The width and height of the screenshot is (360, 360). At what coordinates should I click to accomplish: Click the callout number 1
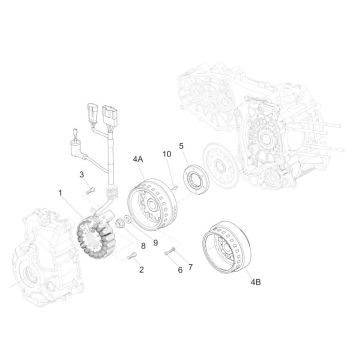click(60, 193)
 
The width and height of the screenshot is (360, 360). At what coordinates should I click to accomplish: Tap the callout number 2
click(141, 270)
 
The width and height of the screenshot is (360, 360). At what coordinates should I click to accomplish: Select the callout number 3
click(82, 175)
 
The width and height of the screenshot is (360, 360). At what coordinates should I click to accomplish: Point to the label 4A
click(138, 159)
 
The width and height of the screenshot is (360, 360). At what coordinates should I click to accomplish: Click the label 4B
click(256, 282)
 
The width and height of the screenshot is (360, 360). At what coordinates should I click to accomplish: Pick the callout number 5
click(181, 146)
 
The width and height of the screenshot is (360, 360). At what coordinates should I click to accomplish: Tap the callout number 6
click(180, 270)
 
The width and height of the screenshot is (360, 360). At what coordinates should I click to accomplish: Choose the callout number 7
click(190, 267)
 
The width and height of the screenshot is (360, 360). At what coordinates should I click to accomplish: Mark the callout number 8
click(143, 246)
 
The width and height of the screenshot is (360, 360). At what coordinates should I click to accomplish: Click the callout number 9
click(156, 243)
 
